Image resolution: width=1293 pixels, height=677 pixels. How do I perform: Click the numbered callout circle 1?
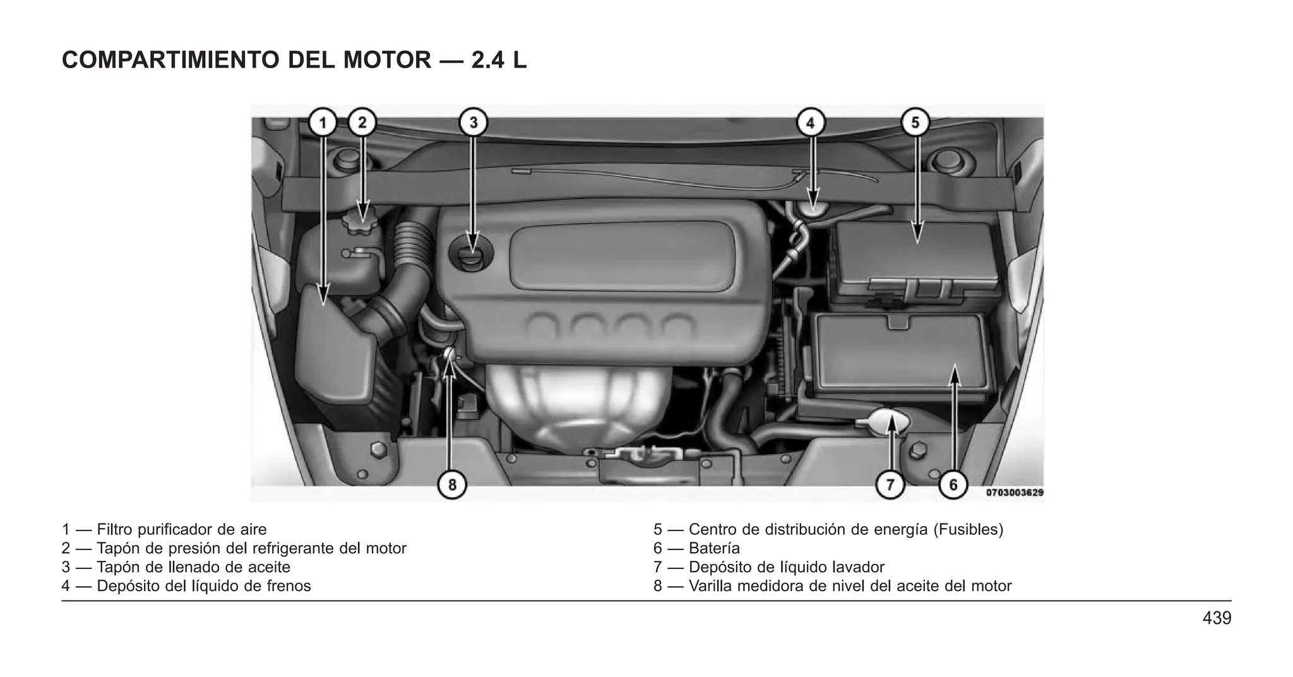pyautogui.click(x=323, y=123)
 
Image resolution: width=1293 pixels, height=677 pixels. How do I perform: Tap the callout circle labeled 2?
pyautogui.click(x=362, y=123)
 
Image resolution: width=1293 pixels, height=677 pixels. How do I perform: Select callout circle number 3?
pyautogui.click(x=474, y=123)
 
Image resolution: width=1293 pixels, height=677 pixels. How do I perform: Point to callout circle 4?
pyautogui.click(x=811, y=123)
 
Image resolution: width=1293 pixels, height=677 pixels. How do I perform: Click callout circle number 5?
pyautogui.click(x=915, y=123)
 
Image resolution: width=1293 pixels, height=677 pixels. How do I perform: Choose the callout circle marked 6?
pyautogui.click(x=953, y=485)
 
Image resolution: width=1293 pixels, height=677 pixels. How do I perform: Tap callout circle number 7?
pyautogui.click(x=890, y=485)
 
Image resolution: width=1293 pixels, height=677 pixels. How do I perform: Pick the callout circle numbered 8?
pyautogui.click(x=452, y=485)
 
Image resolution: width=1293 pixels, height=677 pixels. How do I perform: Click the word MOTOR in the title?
pyautogui.click(x=386, y=60)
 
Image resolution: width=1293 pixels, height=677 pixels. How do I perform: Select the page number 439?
pyautogui.click(x=1217, y=618)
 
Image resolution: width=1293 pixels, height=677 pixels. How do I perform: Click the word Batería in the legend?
pyautogui.click(x=714, y=548)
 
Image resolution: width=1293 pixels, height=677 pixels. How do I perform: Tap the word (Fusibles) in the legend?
pyautogui.click(x=968, y=529)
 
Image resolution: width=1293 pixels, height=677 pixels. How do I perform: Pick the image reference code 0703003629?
pyautogui.click(x=1015, y=493)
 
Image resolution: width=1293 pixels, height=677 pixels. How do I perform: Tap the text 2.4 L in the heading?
pyautogui.click(x=499, y=60)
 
